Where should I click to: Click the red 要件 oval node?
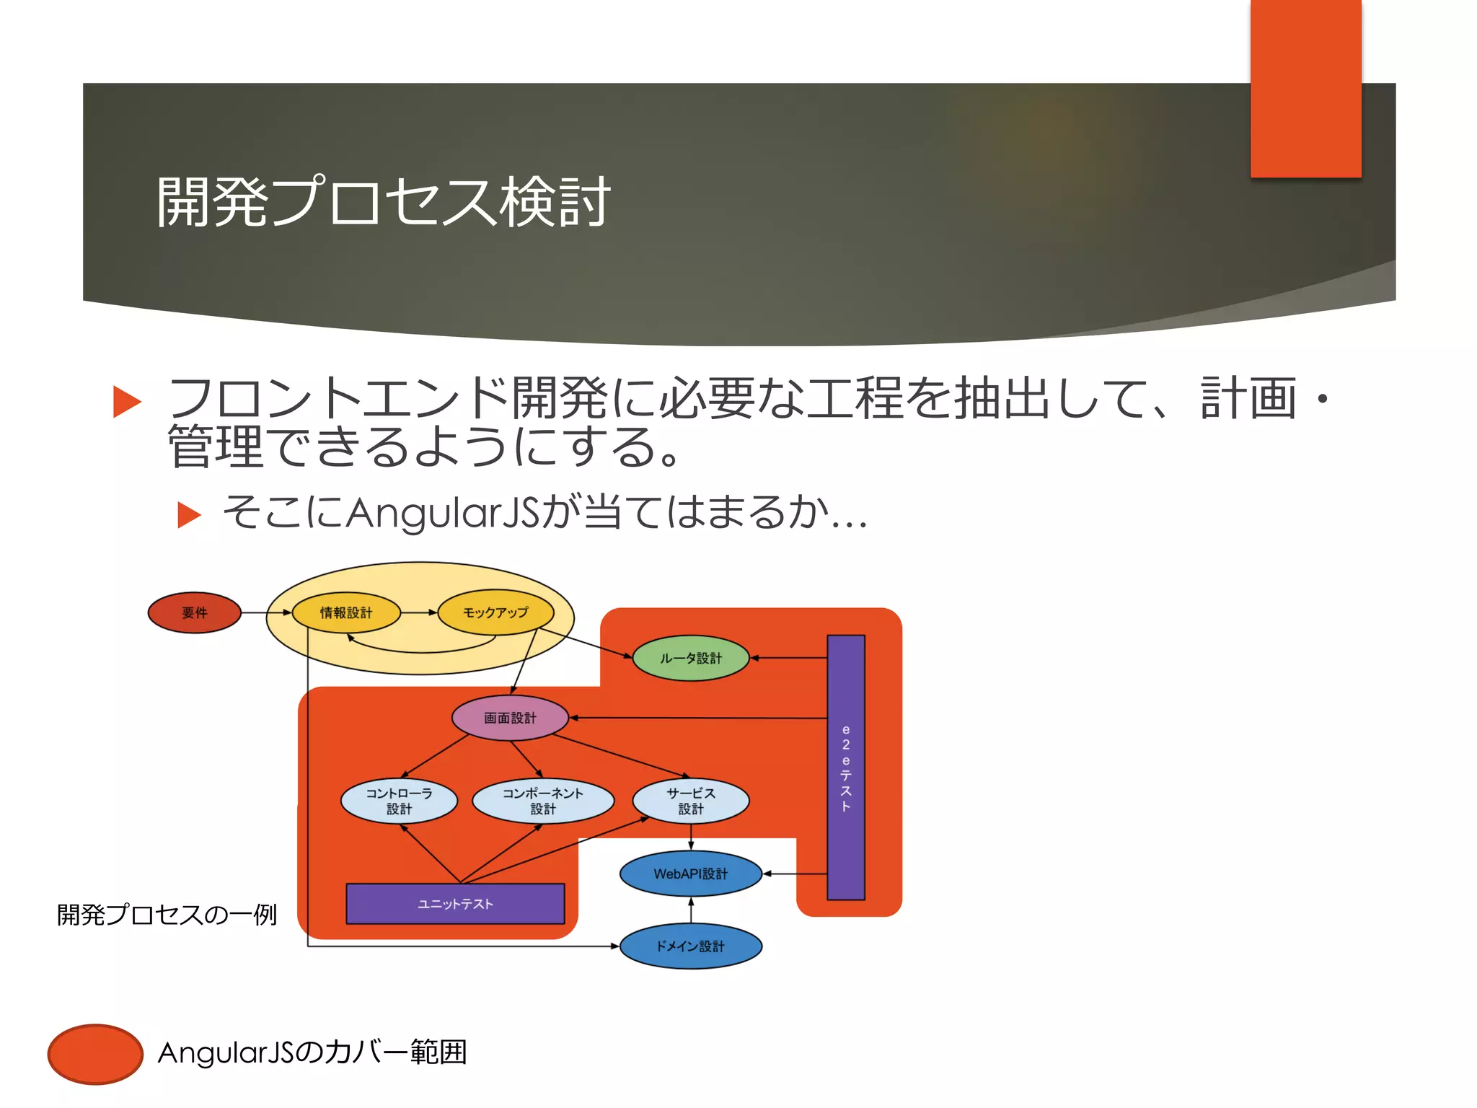[194, 612]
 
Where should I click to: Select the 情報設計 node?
[346, 612]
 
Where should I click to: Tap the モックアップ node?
[495, 612]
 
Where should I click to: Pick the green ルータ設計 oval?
[690, 658]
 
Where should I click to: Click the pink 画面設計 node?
[510, 718]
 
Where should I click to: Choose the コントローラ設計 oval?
[399, 801]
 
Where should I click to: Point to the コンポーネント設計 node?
[542, 801]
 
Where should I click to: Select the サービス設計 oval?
[690, 801]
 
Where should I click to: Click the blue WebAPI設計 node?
[690, 874]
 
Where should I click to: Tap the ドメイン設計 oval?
[690, 946]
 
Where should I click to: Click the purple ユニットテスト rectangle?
[455, 904]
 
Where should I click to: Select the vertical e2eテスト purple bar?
[846, 767]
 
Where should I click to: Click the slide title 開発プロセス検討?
[383, 203]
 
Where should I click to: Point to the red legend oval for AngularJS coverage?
[95, 1054]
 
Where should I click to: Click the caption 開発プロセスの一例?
[167, 915]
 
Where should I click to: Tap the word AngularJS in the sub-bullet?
[443, 513]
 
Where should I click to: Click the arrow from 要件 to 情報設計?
[266, 612]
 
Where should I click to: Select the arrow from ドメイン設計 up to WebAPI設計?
[691, 910]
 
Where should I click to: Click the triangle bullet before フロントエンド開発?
[128, 402]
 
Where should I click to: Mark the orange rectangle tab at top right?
[1305, 88]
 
